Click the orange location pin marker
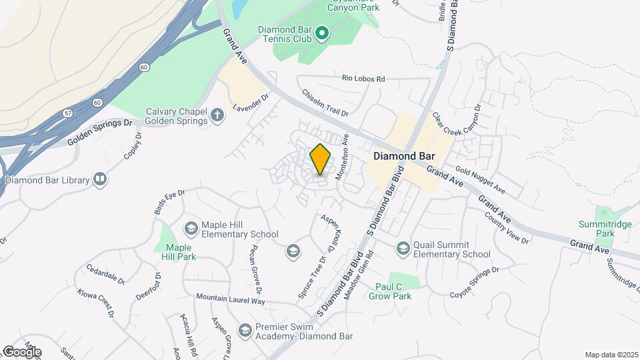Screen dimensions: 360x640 coord(321,159)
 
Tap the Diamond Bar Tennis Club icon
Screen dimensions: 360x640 coord(322,33)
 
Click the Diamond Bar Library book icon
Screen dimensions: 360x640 coord(100,179)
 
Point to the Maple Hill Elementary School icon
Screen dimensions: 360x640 coord(191,229)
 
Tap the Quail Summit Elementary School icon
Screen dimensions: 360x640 coord(403,249)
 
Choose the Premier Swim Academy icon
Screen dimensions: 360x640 coord(245,330)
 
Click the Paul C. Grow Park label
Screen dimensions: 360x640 coord(390,291)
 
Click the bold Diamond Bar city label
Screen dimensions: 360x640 coord(404,156)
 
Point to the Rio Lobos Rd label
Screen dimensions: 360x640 coord(363,79)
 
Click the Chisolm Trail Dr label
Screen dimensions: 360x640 coord(325,103)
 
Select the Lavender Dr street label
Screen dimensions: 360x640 coord(251,102)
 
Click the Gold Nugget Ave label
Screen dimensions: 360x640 coord(481,181)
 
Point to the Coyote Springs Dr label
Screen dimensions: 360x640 coord(474,283)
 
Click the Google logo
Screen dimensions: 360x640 coord(21,351)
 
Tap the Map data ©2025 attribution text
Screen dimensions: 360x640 coord(611,355)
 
